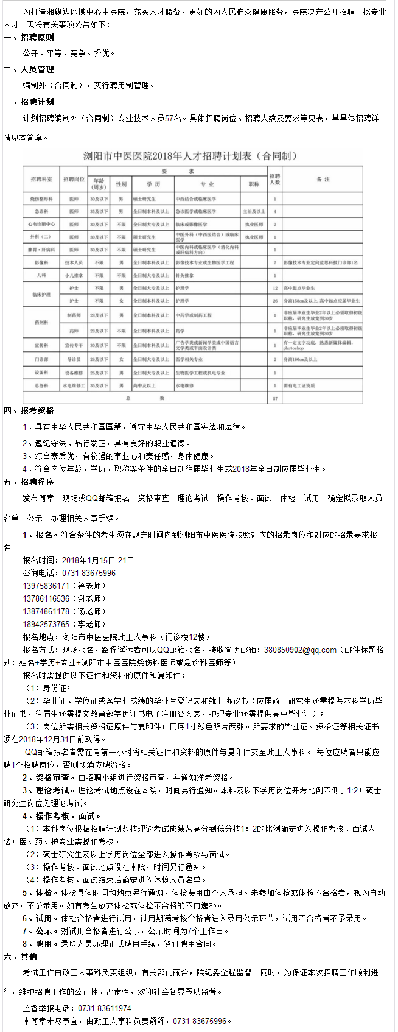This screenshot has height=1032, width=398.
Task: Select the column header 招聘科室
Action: [41, 180]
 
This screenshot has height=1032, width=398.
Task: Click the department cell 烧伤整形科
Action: [41, 198]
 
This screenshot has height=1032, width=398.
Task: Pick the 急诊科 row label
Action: [41, 211]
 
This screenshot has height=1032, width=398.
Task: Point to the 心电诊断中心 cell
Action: [41, 224]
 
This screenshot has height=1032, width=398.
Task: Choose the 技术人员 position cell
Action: [74, 262]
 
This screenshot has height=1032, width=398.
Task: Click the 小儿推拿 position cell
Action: [74, 275]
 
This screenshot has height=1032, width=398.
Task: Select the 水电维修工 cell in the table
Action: [74, 385]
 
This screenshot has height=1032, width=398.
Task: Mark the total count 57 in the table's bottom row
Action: [275, 398]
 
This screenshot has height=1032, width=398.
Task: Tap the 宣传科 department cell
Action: [41, 345]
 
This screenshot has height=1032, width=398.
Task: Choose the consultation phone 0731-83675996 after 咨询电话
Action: [89, 573]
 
